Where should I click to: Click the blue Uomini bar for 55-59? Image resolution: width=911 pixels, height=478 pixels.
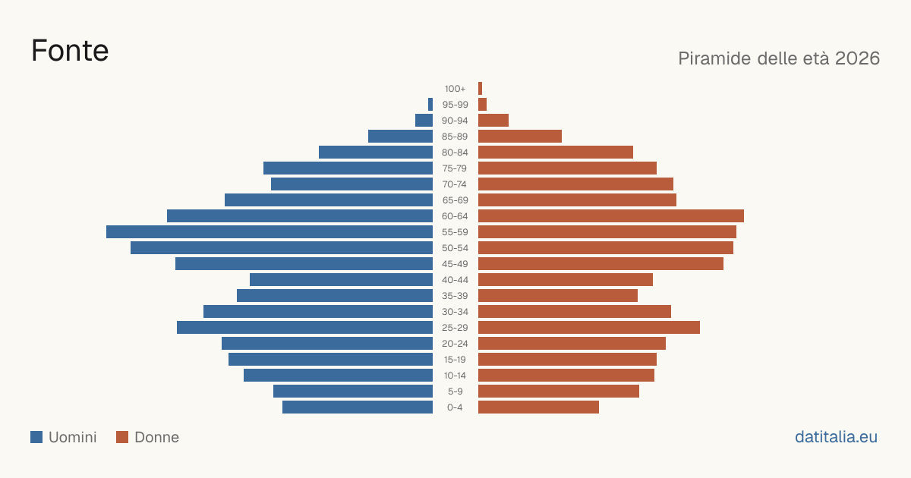[270, 231]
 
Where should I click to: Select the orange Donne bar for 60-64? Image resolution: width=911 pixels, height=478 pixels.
[611, 215]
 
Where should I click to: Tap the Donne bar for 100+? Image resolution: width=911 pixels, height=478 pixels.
[480, 88]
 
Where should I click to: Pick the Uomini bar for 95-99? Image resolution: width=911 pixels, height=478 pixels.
[430, 104]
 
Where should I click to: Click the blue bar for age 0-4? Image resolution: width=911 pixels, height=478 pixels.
[358, 407]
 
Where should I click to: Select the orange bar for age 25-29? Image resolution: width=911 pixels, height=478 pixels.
[589, 327]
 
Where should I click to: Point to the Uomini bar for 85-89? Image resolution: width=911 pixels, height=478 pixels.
[400, 136]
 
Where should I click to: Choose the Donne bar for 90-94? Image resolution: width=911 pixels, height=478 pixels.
[493, 121]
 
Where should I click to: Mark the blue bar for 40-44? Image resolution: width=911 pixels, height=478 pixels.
[341, 280]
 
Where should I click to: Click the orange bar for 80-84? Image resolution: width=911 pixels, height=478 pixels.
[556, 152]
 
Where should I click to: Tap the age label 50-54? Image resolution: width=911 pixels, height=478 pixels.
[455, 248]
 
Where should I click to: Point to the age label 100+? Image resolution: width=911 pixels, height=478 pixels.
[455, 89]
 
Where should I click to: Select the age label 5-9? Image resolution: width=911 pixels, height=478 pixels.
[455, 392]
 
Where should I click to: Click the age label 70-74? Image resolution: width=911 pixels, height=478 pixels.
[454, 184]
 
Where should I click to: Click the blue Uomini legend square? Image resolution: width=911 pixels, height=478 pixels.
[36, 437]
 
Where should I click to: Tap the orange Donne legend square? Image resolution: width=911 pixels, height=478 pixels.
[122, 437]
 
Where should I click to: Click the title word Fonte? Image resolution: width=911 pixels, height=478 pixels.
[70, 51]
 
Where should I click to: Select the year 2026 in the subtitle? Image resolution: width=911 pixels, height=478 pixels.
[857, 58]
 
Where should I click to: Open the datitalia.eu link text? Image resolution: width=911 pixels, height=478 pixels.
[836, 437]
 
